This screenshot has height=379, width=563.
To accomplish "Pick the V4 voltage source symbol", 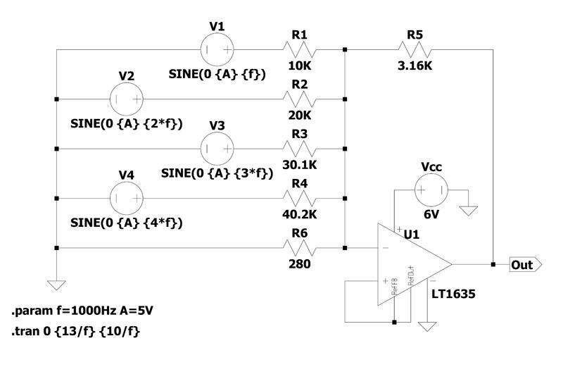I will click(x=127, y=198).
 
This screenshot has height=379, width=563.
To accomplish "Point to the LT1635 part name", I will click(x=453, y=294).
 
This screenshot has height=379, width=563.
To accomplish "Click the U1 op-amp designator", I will click(x=412, y=235).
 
